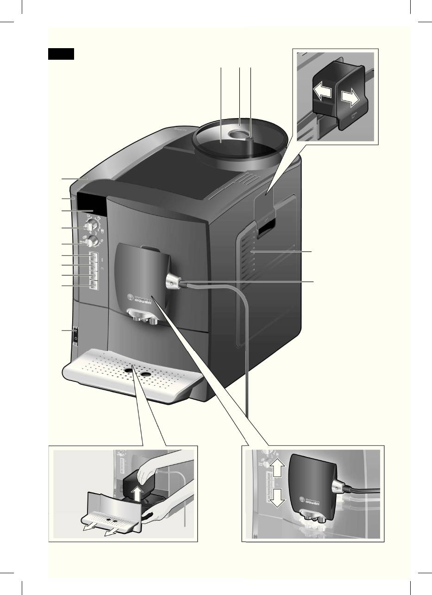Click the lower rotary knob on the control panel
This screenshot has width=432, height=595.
coord(93,241)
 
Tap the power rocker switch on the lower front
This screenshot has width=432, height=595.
coord(75,335)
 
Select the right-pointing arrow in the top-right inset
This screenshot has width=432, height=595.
coord(350,99)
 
